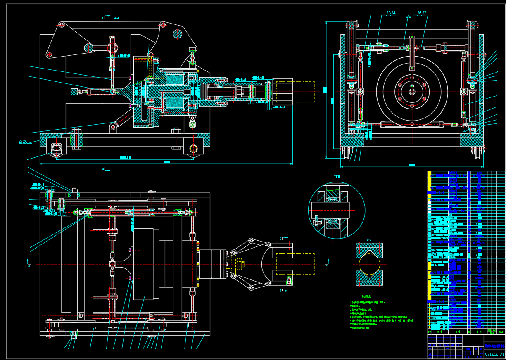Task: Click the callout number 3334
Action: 390,13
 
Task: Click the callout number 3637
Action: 421,13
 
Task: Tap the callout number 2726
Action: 23,142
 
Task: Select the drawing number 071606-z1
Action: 494,354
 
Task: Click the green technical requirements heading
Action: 366,296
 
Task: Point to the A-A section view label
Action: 116,18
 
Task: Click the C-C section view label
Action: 369,239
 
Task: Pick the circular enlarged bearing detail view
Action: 337,210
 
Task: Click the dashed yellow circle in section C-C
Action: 369,264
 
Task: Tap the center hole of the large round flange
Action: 412,92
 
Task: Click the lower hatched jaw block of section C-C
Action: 369,278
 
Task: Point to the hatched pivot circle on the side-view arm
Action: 178,34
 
